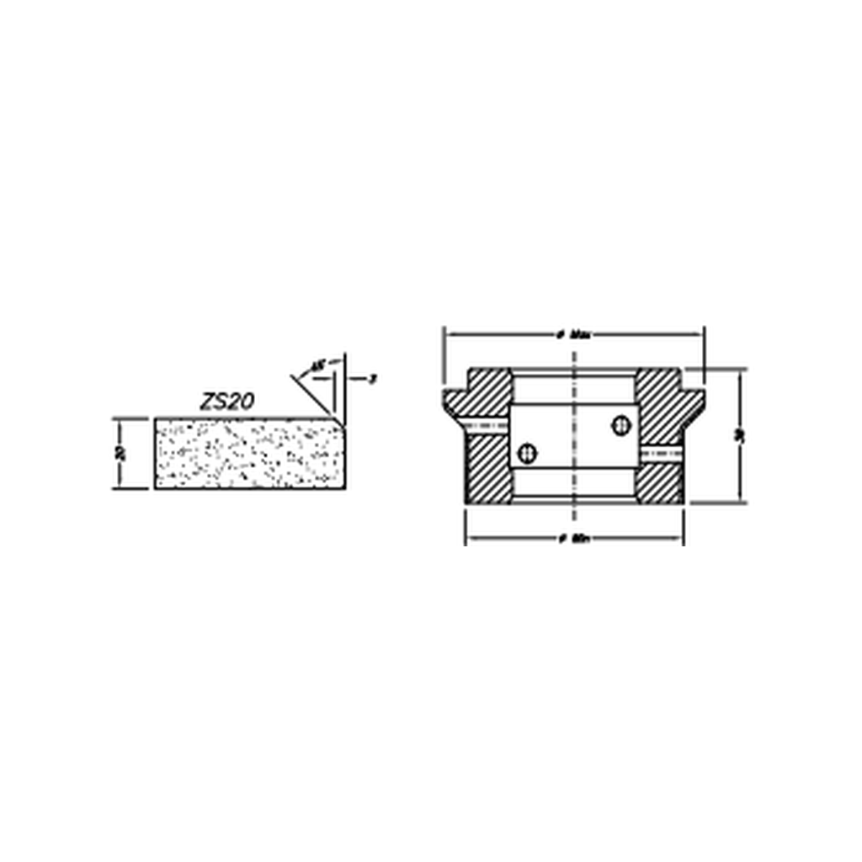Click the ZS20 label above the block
[226, 402]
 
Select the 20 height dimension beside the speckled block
[121, 453]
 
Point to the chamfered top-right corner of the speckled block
[342, 422]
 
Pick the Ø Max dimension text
[574, 334]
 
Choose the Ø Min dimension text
[574, 540]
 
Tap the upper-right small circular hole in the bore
[621, 426]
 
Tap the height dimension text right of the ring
[739, 436]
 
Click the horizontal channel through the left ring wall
[487, 423]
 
